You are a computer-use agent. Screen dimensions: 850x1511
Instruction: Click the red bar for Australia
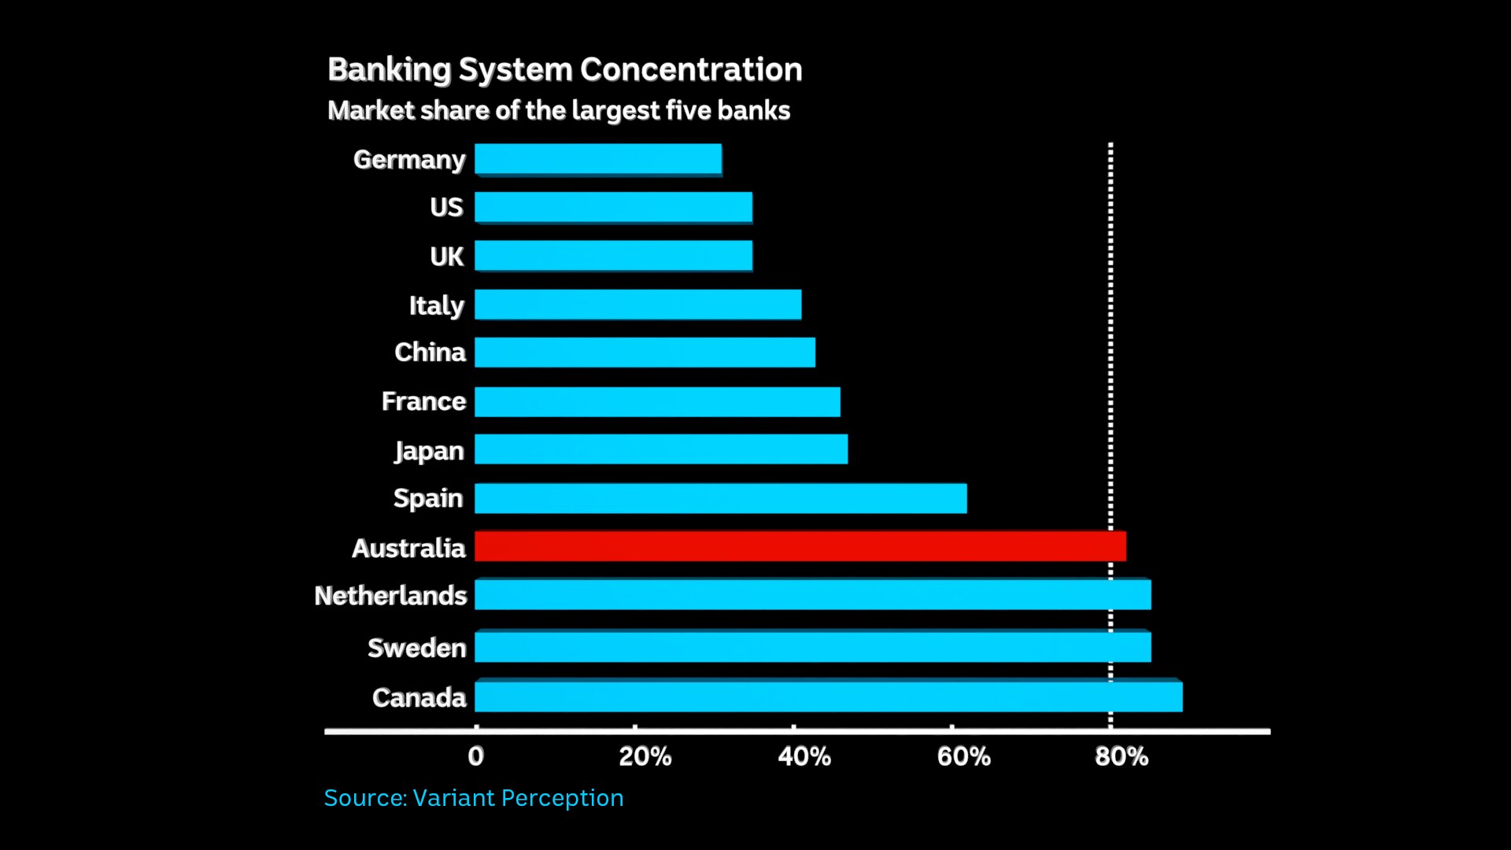pyautogui.click(x=800, y=546)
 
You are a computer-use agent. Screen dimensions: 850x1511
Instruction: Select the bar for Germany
pyautogui.click(x=598, y=159)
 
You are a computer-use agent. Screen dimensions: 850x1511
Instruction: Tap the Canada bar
pyautogui.click(x=828, y=697)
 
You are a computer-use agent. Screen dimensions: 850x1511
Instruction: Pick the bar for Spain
pyautogui.click(x=720, y=498)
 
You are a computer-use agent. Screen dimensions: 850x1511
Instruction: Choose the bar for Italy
pyautogui.click(x=637, y=305)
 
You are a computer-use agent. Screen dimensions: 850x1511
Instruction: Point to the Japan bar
pyautogui.click(x=661, y=449)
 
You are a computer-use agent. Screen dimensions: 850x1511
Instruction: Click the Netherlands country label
pyautogui.click(x=390, y=596)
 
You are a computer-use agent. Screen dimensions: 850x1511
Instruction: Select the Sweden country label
pyautogui.click(x=416, y=648)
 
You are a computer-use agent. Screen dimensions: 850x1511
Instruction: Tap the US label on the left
pyautogui.click(x=446, y=207)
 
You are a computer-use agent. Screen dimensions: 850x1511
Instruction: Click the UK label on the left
pyautogui.click(x=446, y=257)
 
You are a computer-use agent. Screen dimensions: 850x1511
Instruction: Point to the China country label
pyautogui.click(x=430, y=352)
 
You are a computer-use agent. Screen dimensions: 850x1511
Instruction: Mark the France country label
pyautogui.click(x=423, y=401)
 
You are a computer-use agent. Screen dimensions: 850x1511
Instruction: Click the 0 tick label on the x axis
pyautogui.click(x=475, y=756)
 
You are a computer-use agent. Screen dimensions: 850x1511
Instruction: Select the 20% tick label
pyautogui.click(x=645, y=756)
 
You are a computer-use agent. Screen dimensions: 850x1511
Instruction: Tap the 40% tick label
pyautogui.click(x=804, y=756)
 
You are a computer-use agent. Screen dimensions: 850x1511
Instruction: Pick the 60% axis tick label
pyautogui.click(x=963, y=756)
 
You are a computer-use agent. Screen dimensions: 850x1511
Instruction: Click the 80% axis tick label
pyautogui.click(x=1121, y=756)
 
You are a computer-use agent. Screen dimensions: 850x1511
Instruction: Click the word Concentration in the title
pyautogui.click(x=691, y=69)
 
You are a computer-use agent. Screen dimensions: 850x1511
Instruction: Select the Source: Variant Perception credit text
pyautogui.click(x=474, y=797)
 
